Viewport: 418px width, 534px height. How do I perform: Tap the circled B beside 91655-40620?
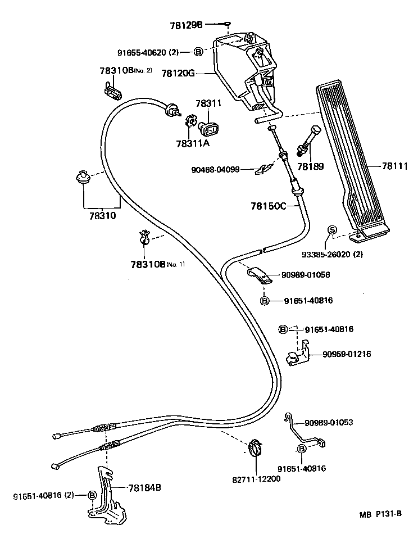tap(198, 52)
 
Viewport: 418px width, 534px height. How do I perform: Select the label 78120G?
tap(178, 74)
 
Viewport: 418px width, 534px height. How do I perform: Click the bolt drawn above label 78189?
tap(308, 141)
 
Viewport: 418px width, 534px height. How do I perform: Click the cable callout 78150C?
tap(269, 206)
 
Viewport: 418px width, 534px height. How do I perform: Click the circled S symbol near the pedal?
tap(331, 229)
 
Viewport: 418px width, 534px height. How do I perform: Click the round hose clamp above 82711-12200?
tap(256, 449)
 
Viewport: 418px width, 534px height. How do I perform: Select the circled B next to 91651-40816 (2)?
tap(92, 495)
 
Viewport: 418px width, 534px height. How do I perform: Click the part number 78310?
tap(103, 215)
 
